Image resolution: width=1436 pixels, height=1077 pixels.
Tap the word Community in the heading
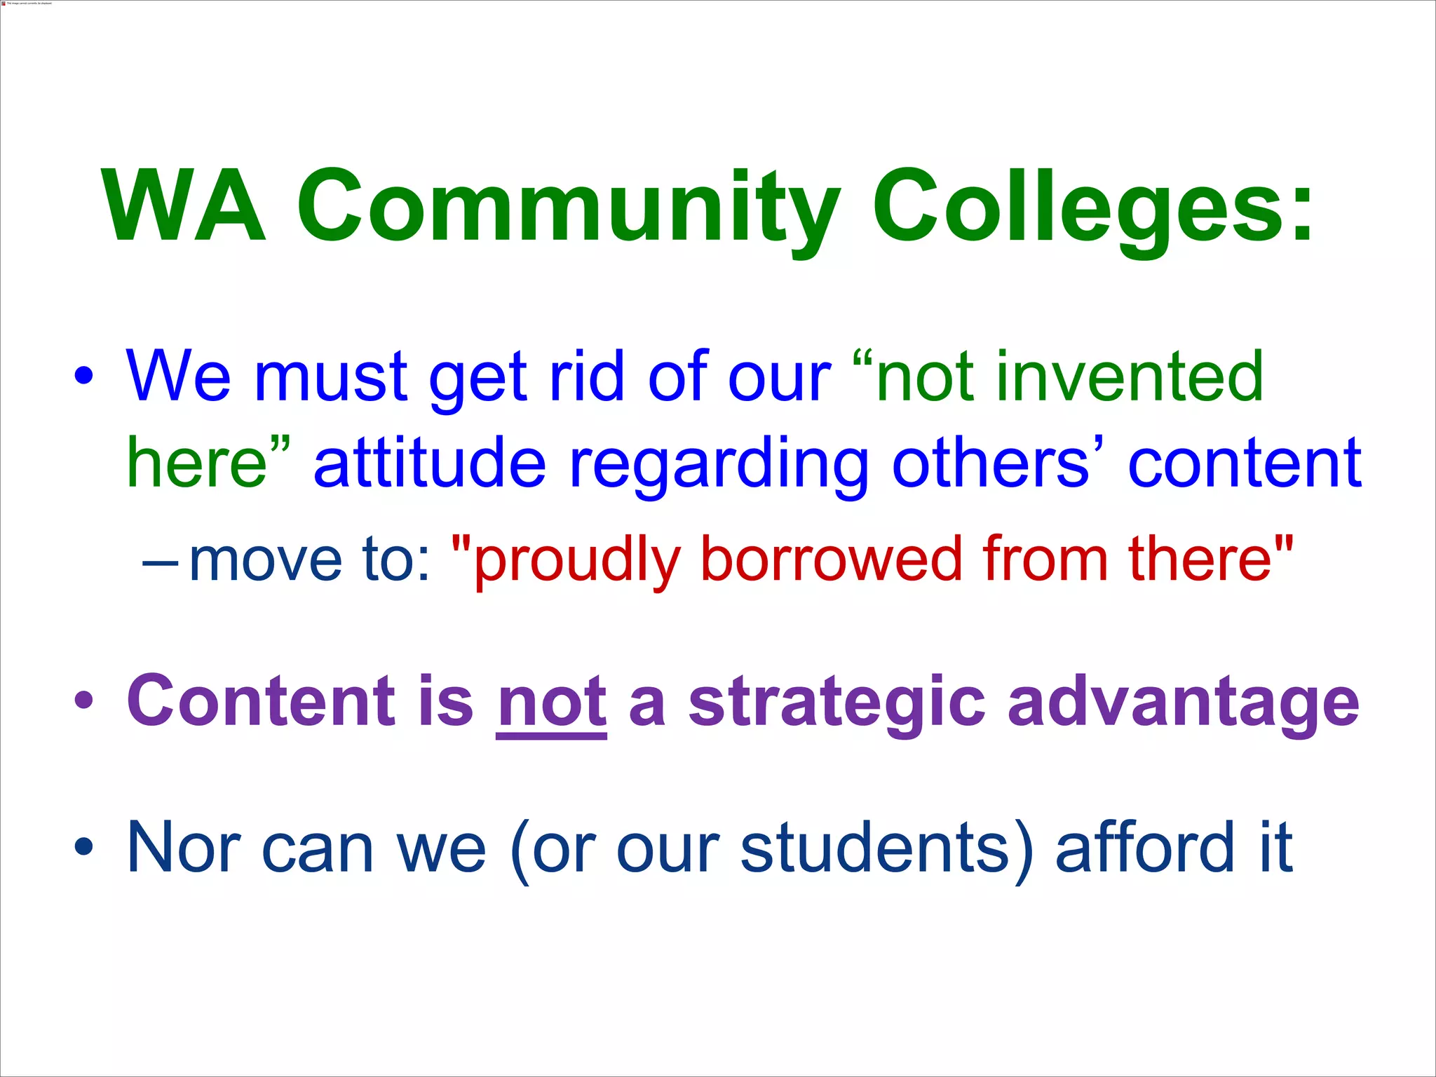coord(568,207)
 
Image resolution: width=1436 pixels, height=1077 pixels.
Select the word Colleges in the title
coord(1080,207)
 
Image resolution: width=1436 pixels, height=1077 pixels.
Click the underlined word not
coord(551,701)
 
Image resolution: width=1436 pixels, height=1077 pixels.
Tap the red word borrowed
coord(832,560)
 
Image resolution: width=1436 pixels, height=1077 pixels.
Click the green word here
coord(197,463)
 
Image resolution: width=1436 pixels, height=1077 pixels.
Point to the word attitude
coord(429,463)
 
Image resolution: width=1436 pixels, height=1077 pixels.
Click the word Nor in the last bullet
coord(184,848)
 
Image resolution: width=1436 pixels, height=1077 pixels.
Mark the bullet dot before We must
coord(83,377)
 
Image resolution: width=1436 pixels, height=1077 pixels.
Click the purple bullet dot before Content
coord(83,700)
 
